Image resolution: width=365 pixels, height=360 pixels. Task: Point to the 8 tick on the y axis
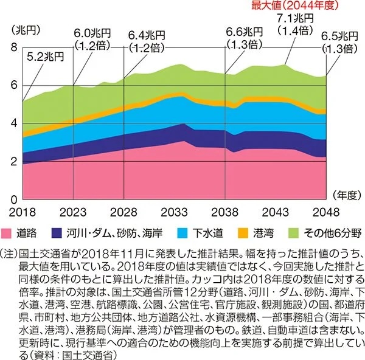coord(14,47)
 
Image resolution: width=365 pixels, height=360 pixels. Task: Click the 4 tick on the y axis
coord(14,123)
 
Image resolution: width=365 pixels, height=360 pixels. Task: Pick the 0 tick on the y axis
coord(14,199)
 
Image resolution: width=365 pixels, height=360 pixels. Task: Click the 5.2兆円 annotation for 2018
coord(46,57)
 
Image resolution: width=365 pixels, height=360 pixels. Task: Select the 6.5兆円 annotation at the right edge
coord(339,35)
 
